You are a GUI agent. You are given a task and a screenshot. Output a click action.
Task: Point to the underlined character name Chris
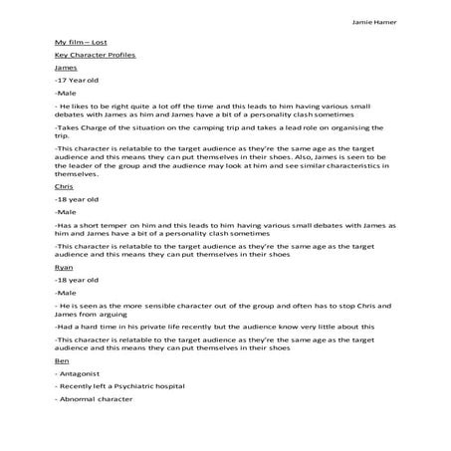(x=64, y=186)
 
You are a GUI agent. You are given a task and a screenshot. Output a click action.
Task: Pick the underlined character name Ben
(x=62, y=361)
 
